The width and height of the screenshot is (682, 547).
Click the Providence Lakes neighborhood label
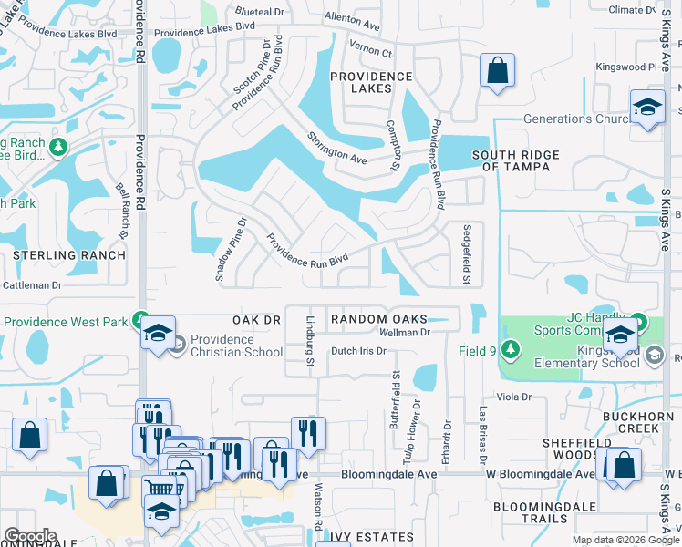[372, 82]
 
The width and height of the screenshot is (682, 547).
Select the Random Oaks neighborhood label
[378, 318]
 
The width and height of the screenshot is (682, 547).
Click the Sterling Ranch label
[68, 255]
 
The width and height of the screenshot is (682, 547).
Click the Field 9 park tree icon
[511, 350]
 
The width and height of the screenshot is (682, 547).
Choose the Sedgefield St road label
[466, 254]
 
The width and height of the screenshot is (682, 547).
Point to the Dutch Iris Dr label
[359, 351]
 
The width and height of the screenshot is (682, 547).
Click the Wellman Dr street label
[410, 333]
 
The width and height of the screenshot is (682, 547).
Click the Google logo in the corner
[30, 536]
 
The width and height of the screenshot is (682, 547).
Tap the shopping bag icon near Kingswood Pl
[497, 71]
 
